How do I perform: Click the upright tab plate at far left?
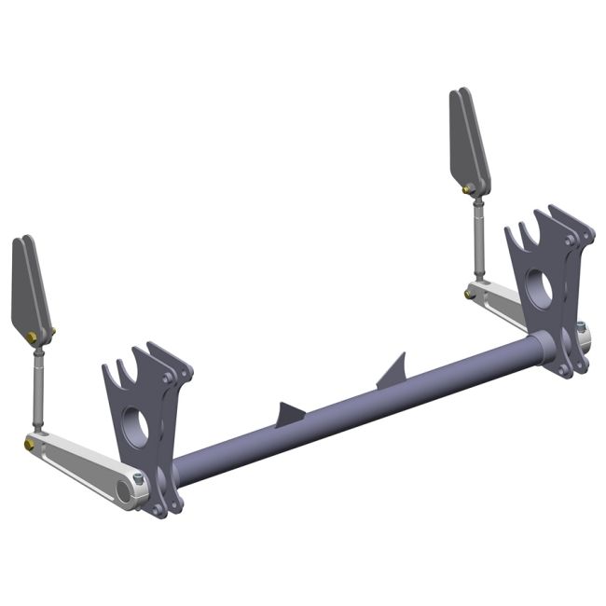point(28,289)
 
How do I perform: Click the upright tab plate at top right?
point(469,140)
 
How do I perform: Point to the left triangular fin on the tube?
point(288,416)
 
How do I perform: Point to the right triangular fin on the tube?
point(394,372)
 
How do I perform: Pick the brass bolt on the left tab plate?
point(34,336)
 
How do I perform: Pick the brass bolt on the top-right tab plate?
point(469,189)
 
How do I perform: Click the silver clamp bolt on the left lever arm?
point(139,480)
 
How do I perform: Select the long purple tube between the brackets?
point(354,406)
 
